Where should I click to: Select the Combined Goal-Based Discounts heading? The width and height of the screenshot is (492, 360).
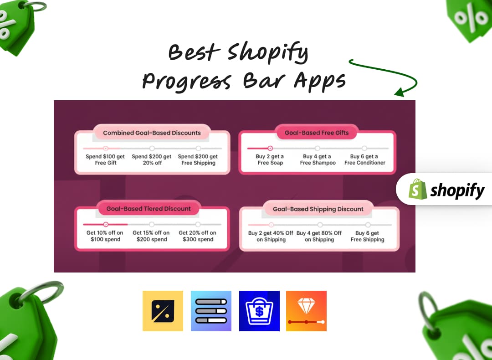152,133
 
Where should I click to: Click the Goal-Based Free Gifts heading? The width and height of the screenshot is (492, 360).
317,133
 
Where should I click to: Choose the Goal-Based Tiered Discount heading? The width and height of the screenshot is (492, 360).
149,209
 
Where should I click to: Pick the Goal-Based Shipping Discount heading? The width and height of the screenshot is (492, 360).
318,209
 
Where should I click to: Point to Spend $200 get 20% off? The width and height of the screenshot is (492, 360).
152,159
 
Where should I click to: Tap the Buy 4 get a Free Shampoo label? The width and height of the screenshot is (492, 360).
318,159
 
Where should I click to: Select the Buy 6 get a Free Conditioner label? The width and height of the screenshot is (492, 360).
364,159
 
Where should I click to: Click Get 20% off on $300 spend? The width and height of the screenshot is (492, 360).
198,236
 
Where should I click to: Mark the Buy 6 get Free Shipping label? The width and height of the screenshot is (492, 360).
367,236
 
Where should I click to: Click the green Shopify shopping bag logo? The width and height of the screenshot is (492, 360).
418,189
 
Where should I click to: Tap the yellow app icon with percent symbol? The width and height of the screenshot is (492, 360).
163,311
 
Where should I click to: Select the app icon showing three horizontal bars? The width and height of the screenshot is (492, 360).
211,311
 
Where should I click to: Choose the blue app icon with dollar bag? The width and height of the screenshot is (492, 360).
259,311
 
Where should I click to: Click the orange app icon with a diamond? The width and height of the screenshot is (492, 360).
306,311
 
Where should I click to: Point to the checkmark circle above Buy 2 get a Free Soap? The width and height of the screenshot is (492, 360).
270,148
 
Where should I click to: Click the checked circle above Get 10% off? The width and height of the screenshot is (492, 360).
106,224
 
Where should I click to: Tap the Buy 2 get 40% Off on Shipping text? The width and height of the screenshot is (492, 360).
271,236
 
